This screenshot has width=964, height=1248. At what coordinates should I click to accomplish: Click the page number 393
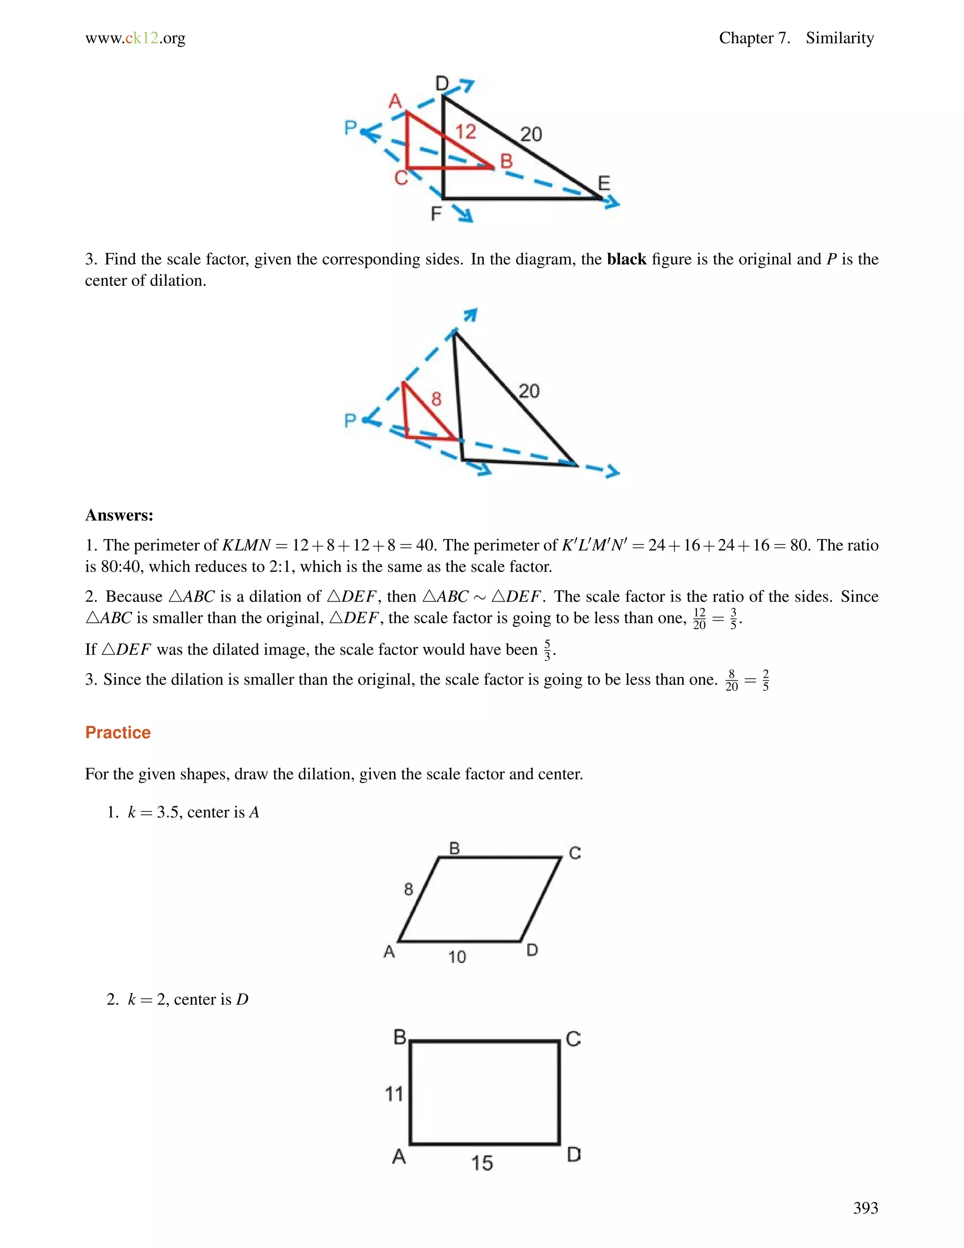865,1207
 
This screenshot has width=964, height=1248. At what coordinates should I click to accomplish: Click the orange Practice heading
118,733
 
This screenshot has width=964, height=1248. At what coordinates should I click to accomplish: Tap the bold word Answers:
119,515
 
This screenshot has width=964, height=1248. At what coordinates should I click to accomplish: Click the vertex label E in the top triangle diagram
603,183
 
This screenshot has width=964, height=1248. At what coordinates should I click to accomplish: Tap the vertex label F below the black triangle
436,214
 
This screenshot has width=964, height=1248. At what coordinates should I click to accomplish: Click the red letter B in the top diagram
506,161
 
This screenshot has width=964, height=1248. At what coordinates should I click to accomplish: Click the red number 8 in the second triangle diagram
436,399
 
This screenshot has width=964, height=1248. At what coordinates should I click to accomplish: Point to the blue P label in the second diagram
351,421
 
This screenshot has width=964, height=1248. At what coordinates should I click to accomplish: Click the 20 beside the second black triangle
529,391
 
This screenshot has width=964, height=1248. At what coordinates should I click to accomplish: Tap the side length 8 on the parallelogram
408,889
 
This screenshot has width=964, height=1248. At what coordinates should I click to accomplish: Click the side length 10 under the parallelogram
457,956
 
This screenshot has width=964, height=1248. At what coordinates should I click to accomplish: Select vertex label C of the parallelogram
575,853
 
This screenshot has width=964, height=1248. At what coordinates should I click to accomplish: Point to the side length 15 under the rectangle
482,1162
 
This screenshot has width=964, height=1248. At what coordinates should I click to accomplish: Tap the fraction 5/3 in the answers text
547,650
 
